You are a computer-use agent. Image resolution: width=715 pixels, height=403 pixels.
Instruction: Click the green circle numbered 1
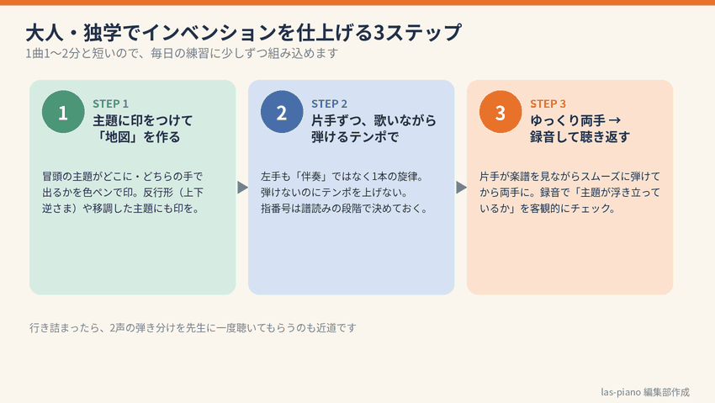(x=63, y=112)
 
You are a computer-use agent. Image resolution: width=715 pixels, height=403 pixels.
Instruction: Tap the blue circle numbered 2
(x=282, y=112)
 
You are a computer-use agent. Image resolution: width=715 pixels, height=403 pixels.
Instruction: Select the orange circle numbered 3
(x=500, y=112)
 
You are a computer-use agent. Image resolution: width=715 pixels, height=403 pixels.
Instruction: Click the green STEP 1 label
(x=111, y=104)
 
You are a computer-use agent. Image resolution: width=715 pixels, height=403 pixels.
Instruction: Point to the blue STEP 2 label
(x=329, y=104)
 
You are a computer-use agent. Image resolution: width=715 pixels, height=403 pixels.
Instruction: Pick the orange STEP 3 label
(x=548, y=104)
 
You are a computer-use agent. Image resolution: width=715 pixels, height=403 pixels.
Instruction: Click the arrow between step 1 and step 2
(x=242, y=188)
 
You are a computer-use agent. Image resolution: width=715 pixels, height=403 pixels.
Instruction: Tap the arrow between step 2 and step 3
(x=461, y=188)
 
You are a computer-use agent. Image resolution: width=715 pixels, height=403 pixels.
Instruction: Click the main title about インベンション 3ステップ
(x=243, y=32)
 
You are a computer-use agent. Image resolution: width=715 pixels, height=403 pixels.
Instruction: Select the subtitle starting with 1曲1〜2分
(x=182, y=53)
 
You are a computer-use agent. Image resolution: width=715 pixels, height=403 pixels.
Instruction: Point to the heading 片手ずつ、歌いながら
(x=374, y=120)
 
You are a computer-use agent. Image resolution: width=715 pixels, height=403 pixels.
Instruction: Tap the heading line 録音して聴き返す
(x=580, y=137)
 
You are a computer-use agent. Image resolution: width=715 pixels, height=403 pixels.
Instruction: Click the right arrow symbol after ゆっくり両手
(x=615, y=120)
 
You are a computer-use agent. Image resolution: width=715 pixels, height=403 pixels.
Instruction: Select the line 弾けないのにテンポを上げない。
(x=334, y=193)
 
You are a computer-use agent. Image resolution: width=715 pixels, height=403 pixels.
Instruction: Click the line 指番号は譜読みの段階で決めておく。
(x=345, y=209)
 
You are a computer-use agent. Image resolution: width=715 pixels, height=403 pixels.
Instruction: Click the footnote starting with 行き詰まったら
(x=193, y=328)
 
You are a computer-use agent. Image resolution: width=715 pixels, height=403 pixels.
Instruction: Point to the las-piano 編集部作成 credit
(x=645, y=392)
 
